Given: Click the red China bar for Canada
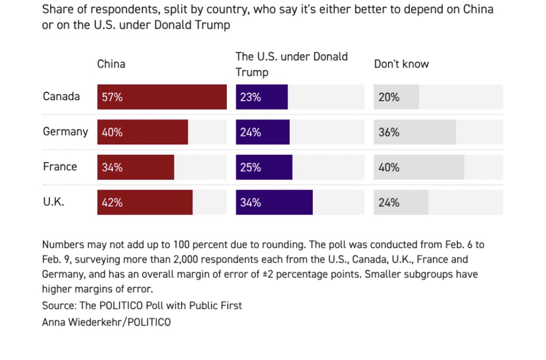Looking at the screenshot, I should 162,97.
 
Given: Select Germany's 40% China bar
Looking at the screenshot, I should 143,132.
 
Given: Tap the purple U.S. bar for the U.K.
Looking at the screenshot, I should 274,202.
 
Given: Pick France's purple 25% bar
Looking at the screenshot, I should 264,168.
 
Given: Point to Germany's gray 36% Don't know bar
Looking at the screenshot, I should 415,132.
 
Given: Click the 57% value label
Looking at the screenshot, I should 112,97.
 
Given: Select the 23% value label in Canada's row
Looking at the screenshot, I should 250,97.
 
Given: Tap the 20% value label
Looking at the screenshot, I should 389,97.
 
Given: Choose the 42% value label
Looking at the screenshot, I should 112,202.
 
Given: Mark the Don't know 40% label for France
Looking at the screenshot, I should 389,168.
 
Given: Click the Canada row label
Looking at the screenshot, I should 61,96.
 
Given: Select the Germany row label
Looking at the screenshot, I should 65,132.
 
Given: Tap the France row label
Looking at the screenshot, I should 60,167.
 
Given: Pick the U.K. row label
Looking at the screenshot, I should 53,202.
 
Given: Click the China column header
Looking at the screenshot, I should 111,64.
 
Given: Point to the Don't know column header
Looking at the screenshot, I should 401,64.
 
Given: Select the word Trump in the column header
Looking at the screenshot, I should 252,72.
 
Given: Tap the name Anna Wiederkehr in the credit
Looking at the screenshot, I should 83,322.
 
